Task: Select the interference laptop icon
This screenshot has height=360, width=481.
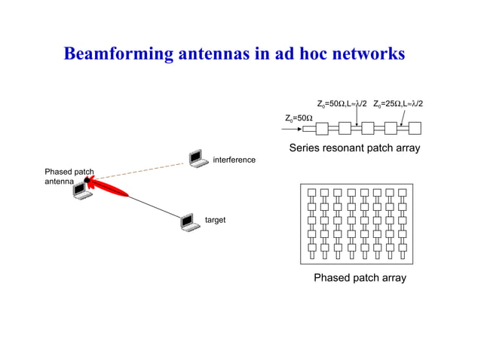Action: point(198,157)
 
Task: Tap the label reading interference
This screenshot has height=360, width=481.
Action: point(234,160)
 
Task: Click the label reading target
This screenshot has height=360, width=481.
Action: point(216,220)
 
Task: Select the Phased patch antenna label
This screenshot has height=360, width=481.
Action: point(69,177)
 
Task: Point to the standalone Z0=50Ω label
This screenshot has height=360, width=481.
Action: point(299,118)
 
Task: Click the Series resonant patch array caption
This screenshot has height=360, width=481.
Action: point(354,148)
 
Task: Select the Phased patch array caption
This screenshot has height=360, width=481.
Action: point(360,278)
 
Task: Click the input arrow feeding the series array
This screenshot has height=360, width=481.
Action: point(294,128)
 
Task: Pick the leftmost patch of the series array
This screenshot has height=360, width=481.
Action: point(308,128)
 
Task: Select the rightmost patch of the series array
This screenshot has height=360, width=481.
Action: point(414,128)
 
